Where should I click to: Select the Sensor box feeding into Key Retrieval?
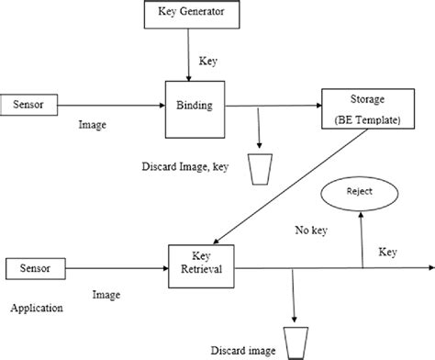pos(35,267)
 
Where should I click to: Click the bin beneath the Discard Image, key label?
pos(262,170)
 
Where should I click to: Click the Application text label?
pos(36,309)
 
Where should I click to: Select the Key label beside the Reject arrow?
pos(386,251)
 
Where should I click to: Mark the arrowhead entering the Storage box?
pos(316,105)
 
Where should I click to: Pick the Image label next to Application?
pos(107,296)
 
